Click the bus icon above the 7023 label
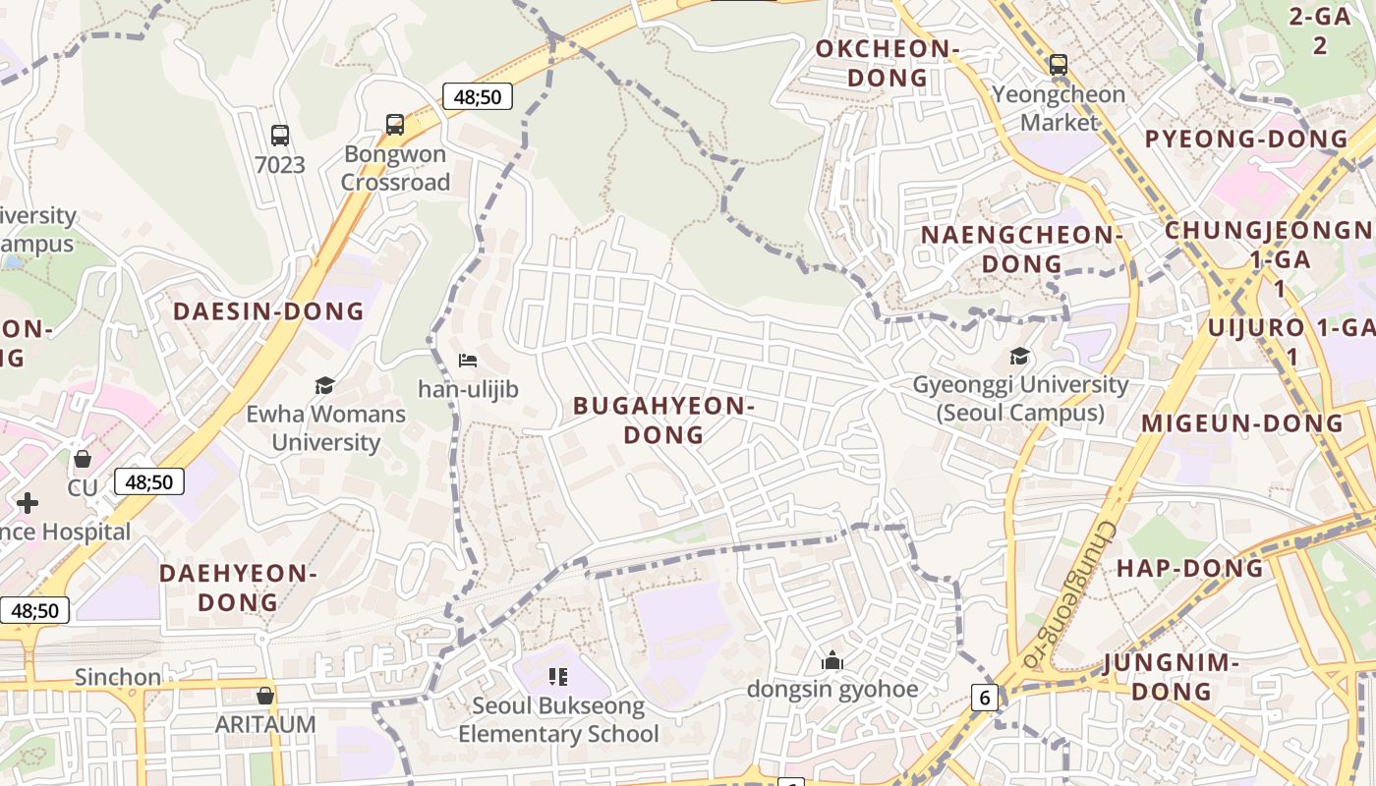click(x=280, y=136)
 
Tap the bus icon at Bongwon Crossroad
click(x=395, y=125)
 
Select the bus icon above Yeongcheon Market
click(x=1059, y=65)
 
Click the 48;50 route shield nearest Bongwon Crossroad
click(x=478, y=96)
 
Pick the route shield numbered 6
click(x=986, y=698)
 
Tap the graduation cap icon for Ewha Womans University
click(x=324, y=385)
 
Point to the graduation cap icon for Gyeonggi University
click(x=1020, y=356)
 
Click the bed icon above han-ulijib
click(x=468, y=361)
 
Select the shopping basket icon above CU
click(x=83, y=459)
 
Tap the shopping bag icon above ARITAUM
click(x=264, y=696)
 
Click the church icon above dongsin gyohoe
click(x=832, y=660)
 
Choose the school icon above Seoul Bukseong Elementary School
click(x=558, y=676)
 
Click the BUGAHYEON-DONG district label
click(x=664, y=420)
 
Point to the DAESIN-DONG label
click(x=268, y=311)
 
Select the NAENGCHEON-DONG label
click(x=1022, y=250)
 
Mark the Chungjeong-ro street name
click(x=1071, y=595)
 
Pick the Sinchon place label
click(x=118, y=677)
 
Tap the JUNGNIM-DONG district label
click(x=1172, y=677)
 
